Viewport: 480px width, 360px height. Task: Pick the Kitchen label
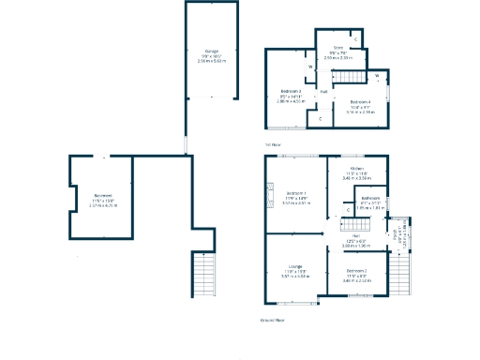(x=357, y=168)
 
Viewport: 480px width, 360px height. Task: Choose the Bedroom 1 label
(x=295, y=194)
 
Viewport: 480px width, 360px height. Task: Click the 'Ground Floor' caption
(x=272, y=320)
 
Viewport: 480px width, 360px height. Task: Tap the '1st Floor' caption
(x=273, y=144)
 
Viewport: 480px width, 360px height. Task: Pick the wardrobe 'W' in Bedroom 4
(x=376, y=76)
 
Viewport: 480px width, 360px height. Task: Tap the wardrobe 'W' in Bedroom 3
(x=309, y=67)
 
